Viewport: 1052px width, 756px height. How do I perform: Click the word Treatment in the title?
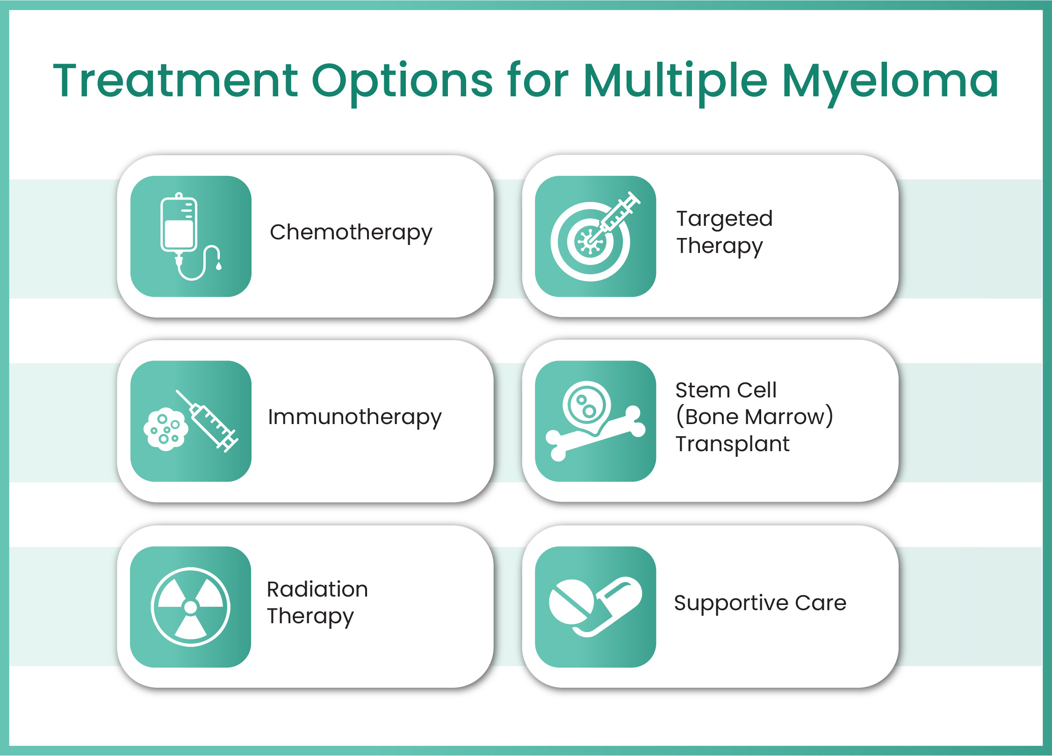(x=175, y=81)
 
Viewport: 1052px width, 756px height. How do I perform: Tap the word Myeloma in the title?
(x=891, y=84)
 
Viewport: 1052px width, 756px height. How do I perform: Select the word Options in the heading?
(x=402, y=84)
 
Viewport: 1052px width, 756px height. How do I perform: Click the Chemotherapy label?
(x=351, y=232)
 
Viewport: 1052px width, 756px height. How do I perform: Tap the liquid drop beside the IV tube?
(x=218, y=266)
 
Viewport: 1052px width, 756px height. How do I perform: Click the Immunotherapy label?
(x=354, y=417)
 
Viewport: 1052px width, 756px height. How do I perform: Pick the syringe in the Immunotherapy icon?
(x=207, y=421)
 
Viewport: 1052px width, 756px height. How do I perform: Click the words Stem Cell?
(x=726, y=390)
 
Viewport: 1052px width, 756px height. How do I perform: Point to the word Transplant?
(x=732, y=444)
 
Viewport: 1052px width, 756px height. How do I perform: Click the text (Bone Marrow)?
(x=754, y=416)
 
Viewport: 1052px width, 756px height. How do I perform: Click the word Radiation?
(x=317, y=589)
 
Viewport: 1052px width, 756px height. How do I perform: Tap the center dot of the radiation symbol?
(x=191, y=607)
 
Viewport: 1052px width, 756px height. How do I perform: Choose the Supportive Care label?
(x=760, y=604)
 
